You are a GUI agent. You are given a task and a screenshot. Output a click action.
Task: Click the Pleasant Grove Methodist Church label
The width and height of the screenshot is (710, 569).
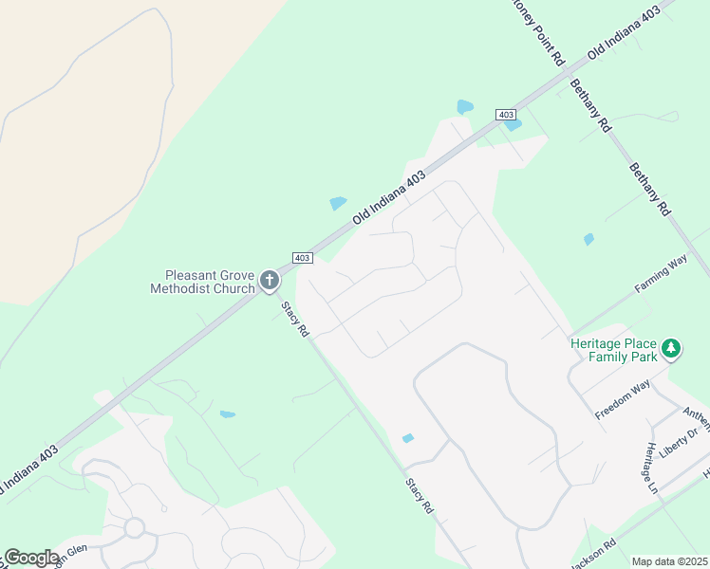tap(202, 281)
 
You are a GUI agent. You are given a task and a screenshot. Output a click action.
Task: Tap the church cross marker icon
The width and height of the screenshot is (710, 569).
tap(270, 281)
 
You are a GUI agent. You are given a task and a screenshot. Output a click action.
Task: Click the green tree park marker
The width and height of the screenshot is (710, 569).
tap(671, 349)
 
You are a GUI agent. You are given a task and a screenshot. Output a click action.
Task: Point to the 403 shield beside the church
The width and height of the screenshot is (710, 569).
tap(302, 258)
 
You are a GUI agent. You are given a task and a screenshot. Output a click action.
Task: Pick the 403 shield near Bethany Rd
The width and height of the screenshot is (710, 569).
tap(505, 114)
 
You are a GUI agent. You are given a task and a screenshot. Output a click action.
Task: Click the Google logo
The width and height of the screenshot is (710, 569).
tap(31, 558)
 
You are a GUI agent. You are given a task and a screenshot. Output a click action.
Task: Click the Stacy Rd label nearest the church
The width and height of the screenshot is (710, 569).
tap(294, 320)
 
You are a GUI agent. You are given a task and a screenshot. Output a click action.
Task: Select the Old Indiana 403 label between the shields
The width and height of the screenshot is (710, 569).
tap(389, 196)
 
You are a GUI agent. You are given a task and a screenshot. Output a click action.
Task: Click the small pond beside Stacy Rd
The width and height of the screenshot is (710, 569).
tap(408, 438)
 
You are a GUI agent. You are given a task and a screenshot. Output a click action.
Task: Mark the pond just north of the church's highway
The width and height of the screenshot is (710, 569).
tap(338, 203)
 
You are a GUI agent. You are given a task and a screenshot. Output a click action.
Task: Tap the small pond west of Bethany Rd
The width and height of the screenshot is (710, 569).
tap(589, 239)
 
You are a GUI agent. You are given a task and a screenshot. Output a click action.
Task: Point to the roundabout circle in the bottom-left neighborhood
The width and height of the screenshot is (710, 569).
tap(134, 527)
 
